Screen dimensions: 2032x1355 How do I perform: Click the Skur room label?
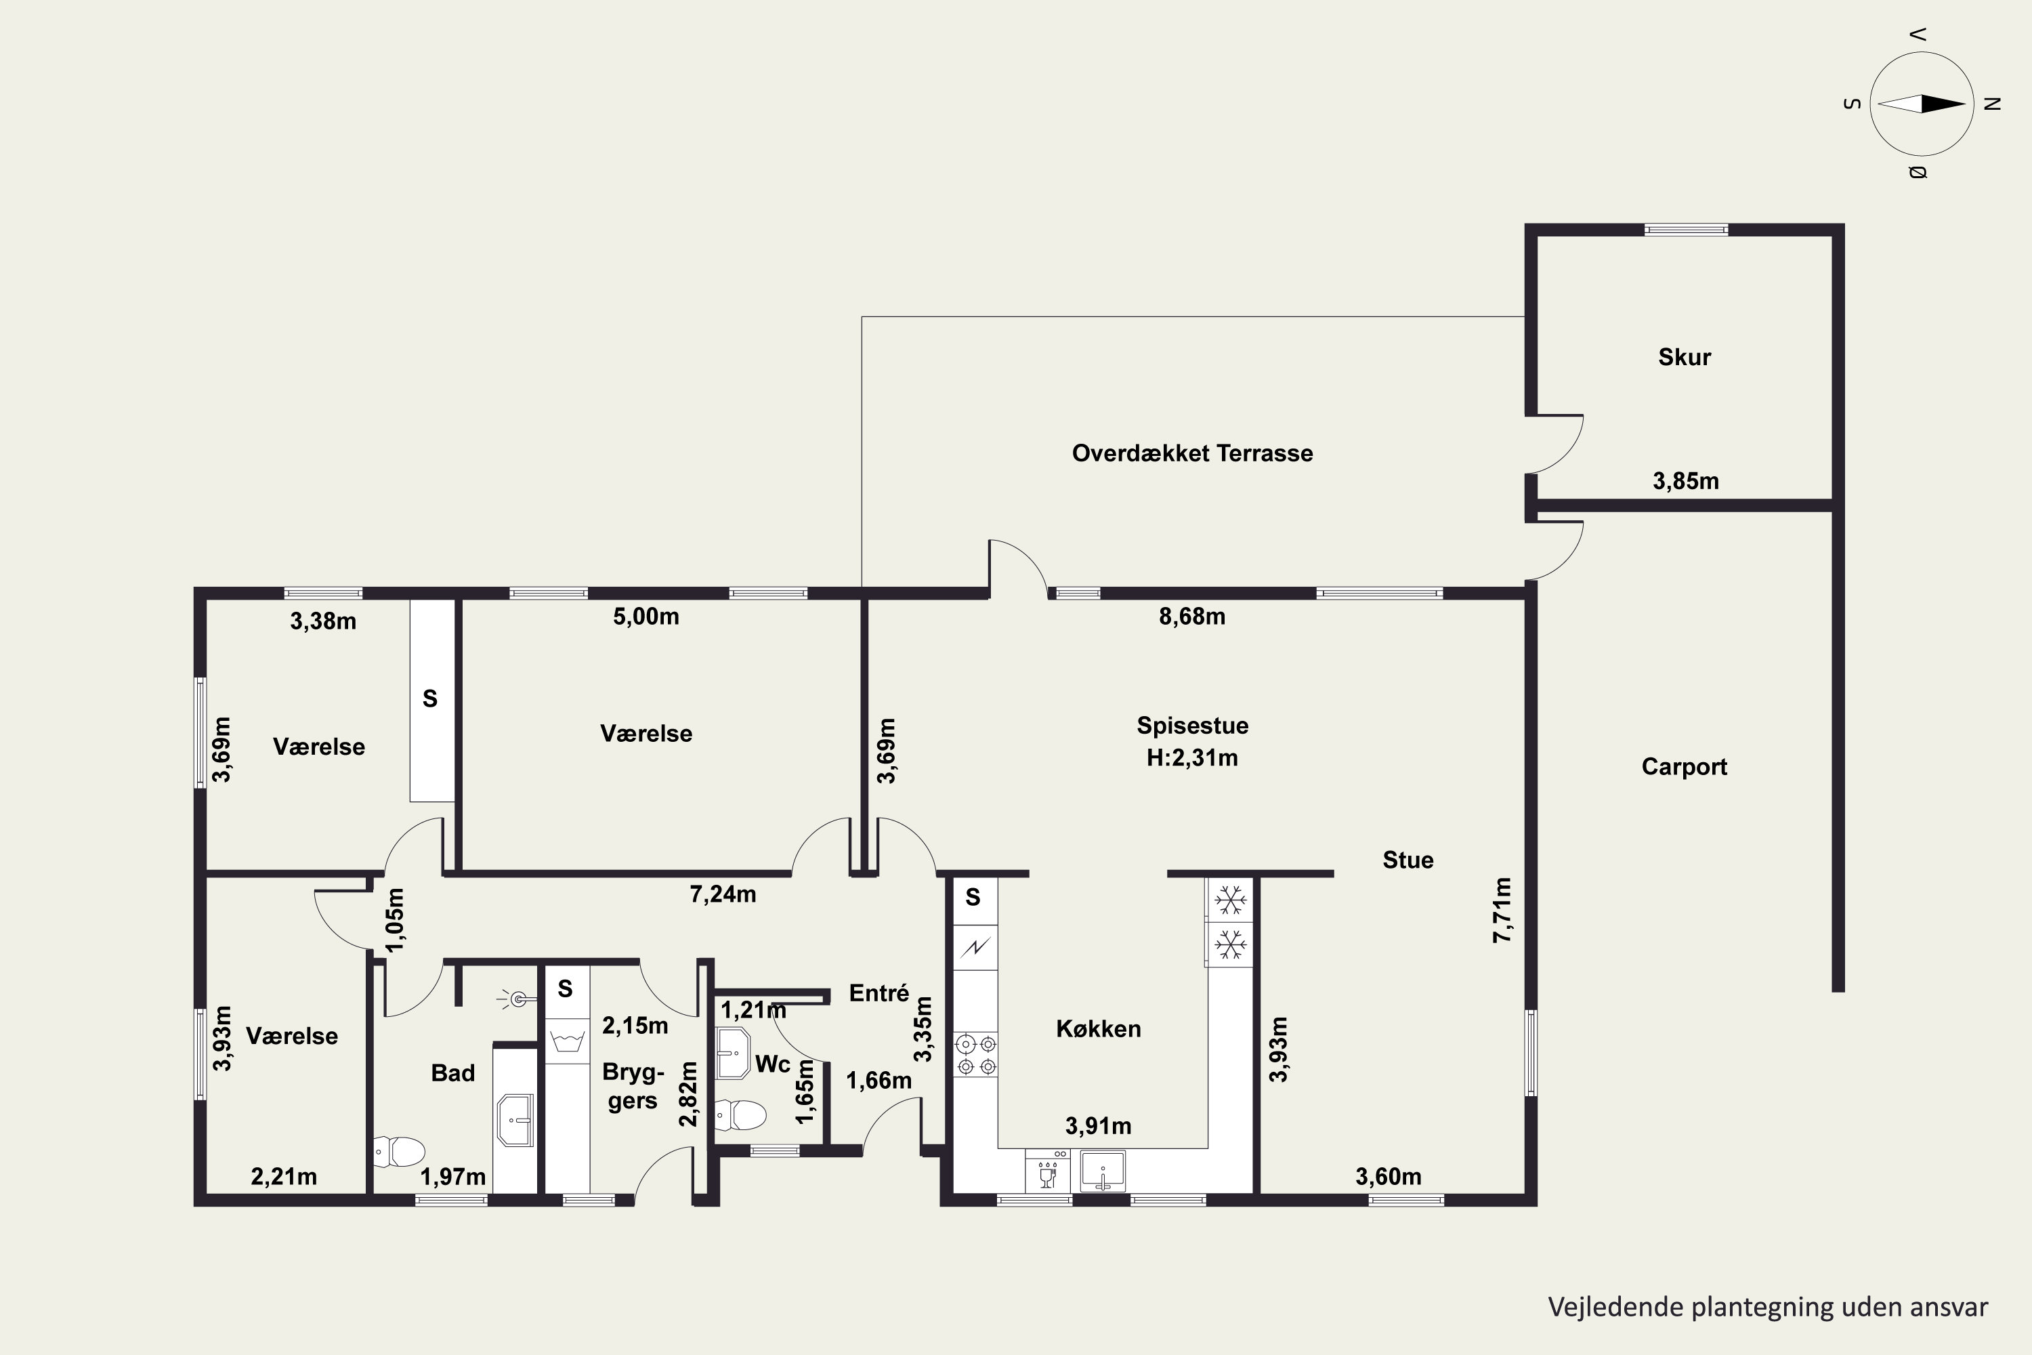point(1684,357)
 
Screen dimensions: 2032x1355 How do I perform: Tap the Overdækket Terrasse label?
point(1192,453)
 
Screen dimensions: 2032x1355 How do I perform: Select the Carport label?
point(1684,766)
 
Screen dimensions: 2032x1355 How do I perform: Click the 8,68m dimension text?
point(1191,616)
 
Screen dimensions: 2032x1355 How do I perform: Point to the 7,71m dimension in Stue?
point(1503,910)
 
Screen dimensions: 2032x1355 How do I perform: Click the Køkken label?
point(1098,1028)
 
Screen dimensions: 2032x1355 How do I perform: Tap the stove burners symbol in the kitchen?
point(975,1055)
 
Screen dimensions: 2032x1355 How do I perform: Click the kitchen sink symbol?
point(1103,1171)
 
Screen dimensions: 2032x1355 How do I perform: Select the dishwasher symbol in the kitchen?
point(1048,1171)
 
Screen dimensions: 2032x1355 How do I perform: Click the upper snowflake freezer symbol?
point(1229,901)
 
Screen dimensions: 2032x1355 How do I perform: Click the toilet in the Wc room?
point(741,1114)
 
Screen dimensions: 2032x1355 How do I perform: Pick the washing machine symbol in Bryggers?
point(568,1041)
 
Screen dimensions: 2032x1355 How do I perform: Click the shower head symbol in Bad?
point(517,1000)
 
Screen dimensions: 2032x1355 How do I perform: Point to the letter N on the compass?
point(1992,104)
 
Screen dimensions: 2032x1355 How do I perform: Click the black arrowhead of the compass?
point(1943,104)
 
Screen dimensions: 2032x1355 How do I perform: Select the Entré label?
point(879,993)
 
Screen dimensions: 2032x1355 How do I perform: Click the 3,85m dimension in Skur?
point(1686,481)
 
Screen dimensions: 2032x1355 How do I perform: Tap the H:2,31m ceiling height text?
point(1192,758)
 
